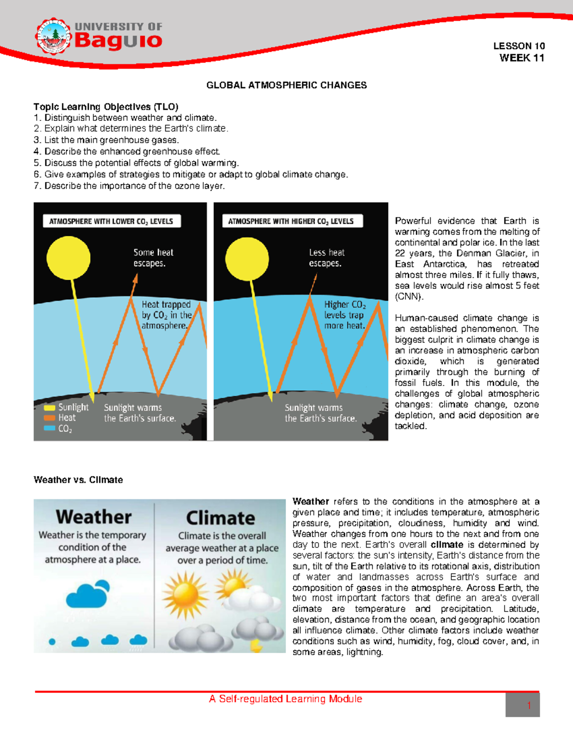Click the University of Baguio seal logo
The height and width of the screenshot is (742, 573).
point(53,36)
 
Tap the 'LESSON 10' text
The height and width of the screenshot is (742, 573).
point(519,46)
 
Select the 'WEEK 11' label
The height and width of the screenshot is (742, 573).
point(522,58)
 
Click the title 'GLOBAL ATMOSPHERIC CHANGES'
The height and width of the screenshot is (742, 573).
point(286,85)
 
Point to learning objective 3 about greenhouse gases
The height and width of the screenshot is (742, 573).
point(106,140)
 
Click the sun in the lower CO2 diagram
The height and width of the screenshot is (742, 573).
point(68,258)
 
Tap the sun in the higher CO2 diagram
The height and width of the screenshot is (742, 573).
point(247,259)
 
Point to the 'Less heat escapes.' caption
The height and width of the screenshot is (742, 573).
point(327,258)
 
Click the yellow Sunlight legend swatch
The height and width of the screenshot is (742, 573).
point(50,408)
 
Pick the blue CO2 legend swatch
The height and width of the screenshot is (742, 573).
point(50,428)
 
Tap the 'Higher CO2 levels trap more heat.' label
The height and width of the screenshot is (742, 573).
point(345,315)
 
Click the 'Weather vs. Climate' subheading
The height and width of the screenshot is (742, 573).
point(78,480)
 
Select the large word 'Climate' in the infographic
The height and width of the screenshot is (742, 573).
point(221,518)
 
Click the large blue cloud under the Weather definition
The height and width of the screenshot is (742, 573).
point(87,595)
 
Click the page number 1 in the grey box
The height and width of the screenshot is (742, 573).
point(529,706)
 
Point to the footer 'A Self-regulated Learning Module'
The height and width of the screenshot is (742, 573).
point(286,699)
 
